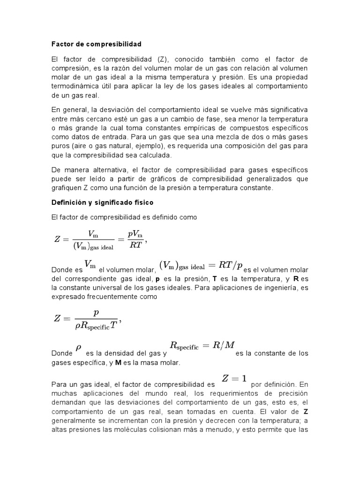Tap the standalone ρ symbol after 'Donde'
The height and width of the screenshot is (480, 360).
click(x=78, y=347)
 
